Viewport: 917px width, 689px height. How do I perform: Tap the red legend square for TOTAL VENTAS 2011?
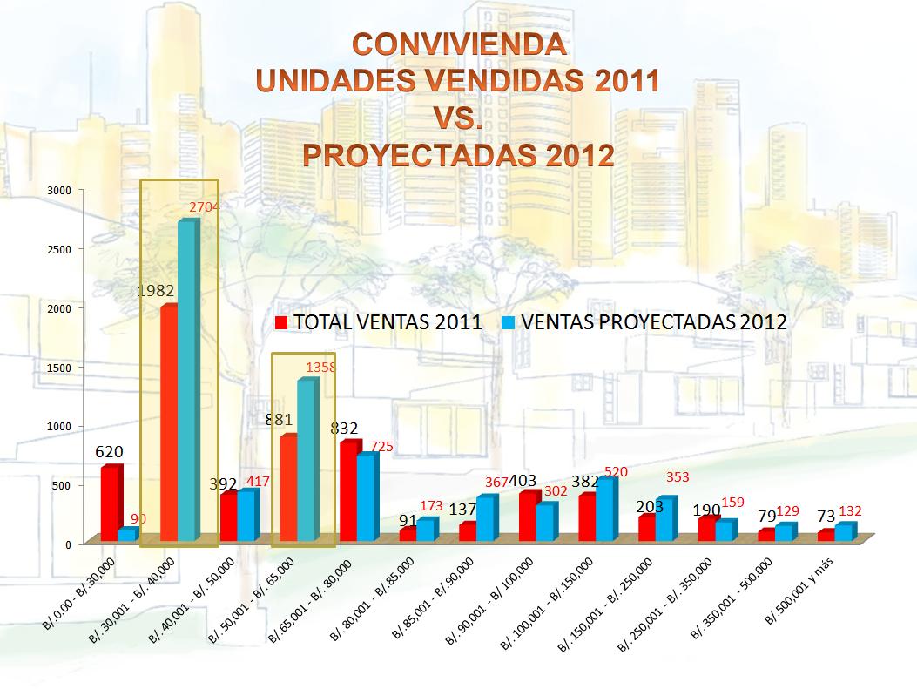(282, 322)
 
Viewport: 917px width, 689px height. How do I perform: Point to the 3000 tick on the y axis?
(59, 189)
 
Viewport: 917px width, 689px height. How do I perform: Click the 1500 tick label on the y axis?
(59, 367)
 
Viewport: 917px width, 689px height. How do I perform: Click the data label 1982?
(158, 292)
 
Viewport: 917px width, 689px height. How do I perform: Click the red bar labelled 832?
(347, 491)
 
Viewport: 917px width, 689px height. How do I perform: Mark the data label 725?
(381, 447)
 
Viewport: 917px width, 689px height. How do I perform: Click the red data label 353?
(678, 476)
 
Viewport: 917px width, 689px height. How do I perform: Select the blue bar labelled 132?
(843, 531)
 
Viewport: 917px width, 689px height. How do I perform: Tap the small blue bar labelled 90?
(126, 534)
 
